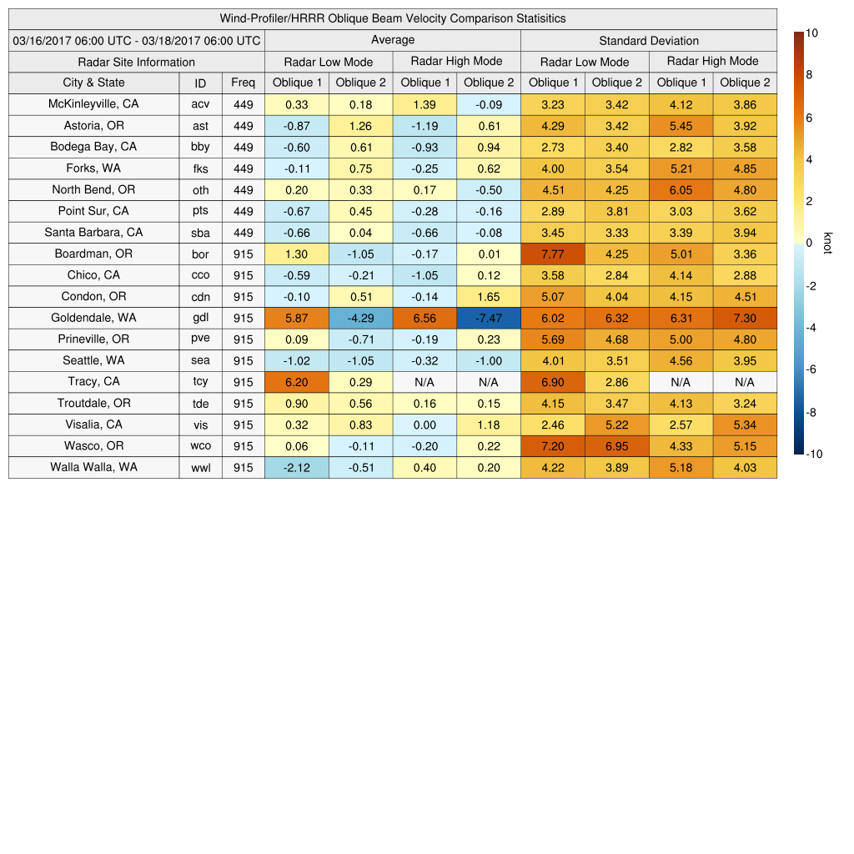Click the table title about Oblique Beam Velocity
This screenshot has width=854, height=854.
click(x=393, y=18)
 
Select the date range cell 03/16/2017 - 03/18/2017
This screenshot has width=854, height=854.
click(x=137, y=40)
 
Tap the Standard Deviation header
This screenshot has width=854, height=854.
click(x=649, y=40)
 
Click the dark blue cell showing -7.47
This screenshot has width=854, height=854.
click(x=489, y=318)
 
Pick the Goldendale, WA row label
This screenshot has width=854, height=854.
click(x=93, y=318)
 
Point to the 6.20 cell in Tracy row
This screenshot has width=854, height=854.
click(x=296, y=382)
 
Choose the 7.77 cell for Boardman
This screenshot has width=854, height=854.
click(x=553, y=254)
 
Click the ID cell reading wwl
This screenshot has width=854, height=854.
click(x=200, y=468)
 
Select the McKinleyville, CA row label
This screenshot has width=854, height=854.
click(x=93, y=104)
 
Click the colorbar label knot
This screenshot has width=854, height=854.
click(x=828, y=243)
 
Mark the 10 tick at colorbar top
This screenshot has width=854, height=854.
click(x=811, y=33)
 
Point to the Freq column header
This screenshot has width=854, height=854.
click(x=243, y=83)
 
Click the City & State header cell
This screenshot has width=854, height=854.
click(x=93, y=83)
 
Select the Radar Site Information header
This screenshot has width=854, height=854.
click(x=137, y=62)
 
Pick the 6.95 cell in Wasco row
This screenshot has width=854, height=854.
click(x=617, y=446)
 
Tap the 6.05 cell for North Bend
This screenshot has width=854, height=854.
click(x=681, y=189)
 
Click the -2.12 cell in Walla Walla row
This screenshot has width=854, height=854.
click(x=296, y=468)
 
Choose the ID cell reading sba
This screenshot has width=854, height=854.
click(x=200, y=233)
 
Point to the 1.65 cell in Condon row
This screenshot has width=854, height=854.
click(x=489, y=296)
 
